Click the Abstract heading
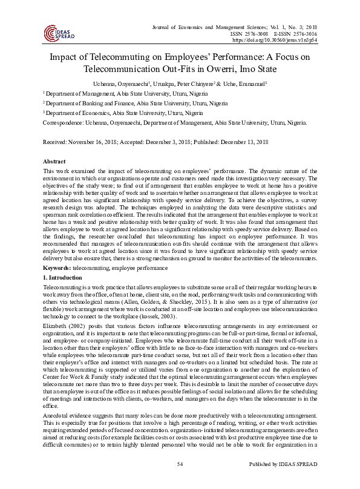(54, 162)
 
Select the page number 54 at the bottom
(180, 481)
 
